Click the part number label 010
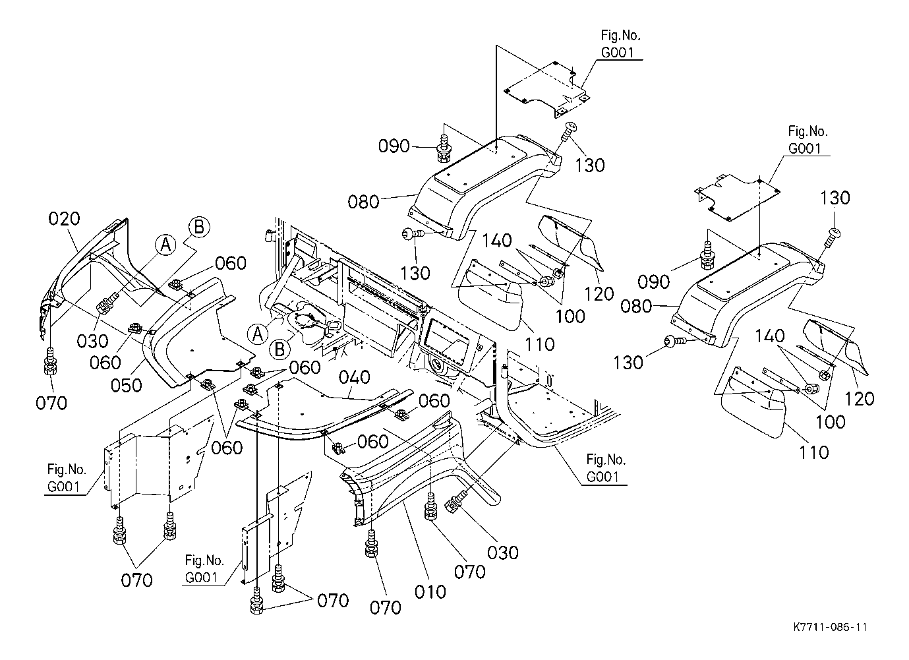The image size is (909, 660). pos(430,592)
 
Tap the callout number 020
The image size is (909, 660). pos(64,219)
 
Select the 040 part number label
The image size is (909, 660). pos(354,377)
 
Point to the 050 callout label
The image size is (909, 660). pos(126,385)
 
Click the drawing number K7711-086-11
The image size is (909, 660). pos(831,627)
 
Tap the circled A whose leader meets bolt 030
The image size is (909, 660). pos(166,245)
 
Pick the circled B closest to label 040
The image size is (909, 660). pos(279,349)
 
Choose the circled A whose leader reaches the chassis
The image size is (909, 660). pos(258,334)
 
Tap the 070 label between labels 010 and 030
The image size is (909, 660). pos(469,572)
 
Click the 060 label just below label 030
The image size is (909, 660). pos(105,363)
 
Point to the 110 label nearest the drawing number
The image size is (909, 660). pos(813,452)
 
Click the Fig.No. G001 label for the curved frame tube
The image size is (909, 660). pos(606,468)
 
